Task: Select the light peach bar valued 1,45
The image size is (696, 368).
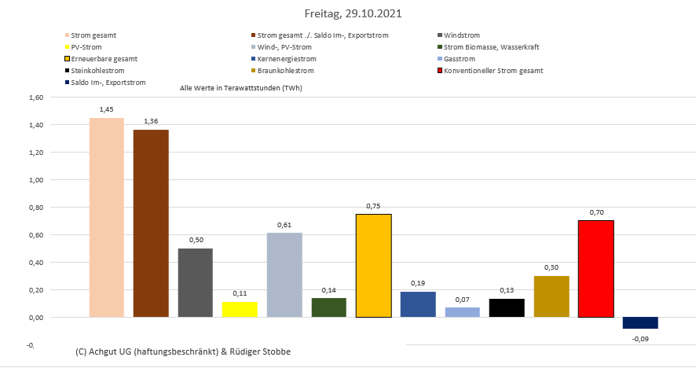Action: (106, 217)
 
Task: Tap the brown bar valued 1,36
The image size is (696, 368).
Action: (151, 223)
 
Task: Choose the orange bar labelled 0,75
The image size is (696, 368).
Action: (373, 265)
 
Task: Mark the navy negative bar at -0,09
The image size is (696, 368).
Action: (640, 322)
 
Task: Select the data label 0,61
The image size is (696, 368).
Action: (284, 225)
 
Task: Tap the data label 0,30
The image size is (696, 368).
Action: (551, 267)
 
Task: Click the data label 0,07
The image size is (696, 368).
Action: (462, 299)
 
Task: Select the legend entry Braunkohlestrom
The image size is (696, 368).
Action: (283, 71)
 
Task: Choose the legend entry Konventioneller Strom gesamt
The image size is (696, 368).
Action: (493, 71)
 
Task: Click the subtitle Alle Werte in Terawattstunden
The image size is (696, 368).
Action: (241, 88)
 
